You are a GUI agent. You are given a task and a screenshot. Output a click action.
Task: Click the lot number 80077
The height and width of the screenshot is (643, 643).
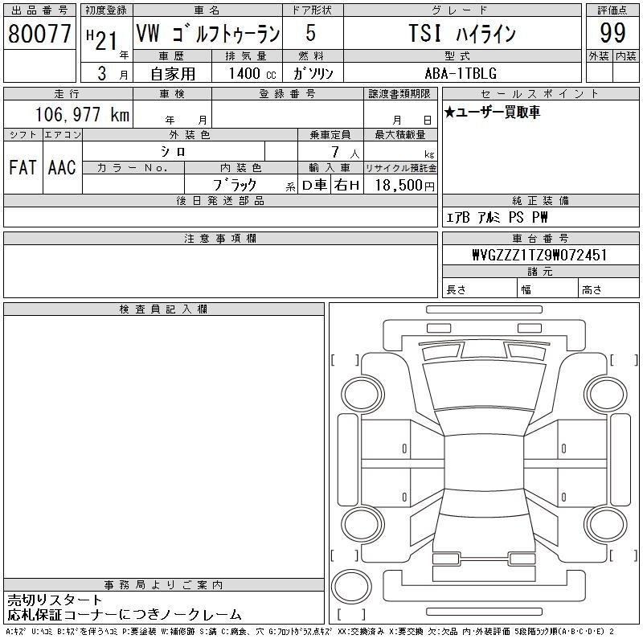39,34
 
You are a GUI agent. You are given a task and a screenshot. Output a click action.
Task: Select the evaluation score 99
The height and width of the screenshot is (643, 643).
612,33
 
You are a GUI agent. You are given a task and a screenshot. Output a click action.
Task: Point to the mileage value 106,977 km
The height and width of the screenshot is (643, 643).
82,114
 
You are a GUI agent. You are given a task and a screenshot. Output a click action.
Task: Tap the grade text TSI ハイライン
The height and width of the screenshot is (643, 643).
462,33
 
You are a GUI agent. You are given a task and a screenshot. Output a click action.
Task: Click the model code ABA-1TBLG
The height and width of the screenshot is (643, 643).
461,73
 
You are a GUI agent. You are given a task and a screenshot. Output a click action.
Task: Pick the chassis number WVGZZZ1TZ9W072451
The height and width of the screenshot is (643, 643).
539,255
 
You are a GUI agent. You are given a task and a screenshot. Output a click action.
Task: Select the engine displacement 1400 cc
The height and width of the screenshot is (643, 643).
252,73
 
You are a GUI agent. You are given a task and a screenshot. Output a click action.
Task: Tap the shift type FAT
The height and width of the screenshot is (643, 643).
23,167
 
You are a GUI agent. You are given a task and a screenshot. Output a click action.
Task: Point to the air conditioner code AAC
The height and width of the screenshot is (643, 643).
62,167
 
